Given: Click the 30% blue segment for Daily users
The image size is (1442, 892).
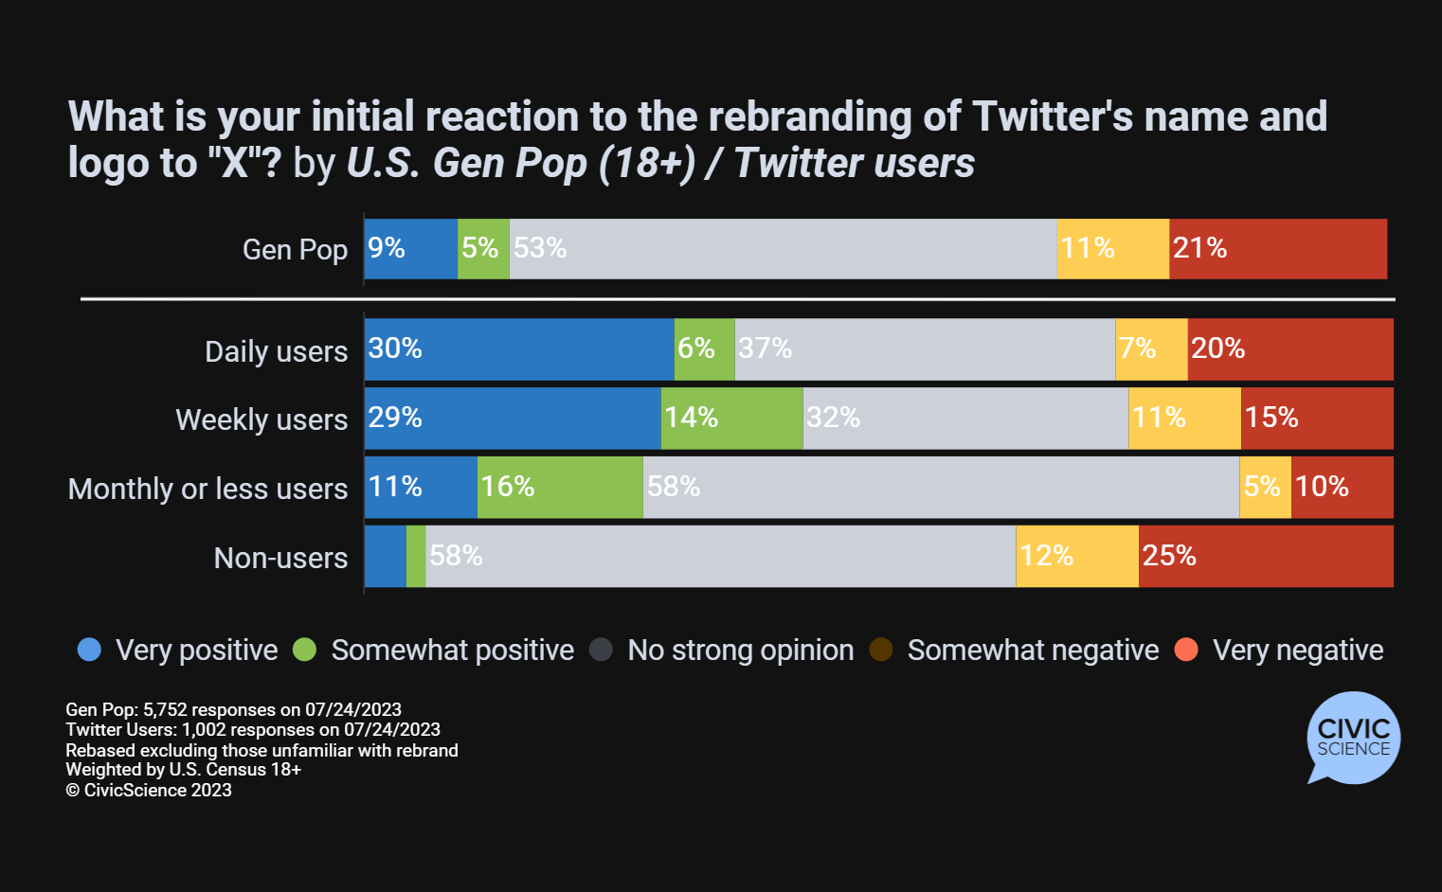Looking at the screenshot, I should click(x=519, y=349).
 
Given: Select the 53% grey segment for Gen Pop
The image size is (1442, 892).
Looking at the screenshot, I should click(x=783, y=249).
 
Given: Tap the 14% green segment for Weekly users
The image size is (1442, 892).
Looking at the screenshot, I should click(x=731, y=418).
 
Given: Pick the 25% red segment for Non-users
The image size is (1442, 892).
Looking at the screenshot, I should click(x=1266, y=556).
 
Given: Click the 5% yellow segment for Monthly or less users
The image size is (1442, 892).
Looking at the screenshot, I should click(x=1265, y=487).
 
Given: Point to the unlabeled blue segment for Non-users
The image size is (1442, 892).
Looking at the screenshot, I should click(x=385, y=556).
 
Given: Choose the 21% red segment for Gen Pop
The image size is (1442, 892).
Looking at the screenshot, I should click(x=1278, y=249).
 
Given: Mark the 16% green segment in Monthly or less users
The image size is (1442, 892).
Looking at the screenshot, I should click(x=560, y=487).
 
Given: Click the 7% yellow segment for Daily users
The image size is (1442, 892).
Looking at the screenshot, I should click(x=1151, y=349).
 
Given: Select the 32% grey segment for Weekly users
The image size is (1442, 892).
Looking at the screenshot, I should click(x=965, y=418).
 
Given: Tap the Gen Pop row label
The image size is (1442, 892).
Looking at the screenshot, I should click(x=295, y=250).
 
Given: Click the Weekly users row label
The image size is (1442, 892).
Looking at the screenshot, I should click(x=261, y=419).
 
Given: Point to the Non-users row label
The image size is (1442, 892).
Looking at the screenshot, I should click(x=280, y=558).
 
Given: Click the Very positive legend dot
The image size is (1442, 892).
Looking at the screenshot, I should click(x=89, y=650).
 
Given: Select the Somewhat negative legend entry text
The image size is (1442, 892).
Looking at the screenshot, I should click(x=1033, y=650).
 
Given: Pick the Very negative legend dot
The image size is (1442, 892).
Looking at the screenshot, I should click(x=1186, y=650).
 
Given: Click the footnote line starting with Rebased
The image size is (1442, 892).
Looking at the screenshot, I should click(x=261, y=750).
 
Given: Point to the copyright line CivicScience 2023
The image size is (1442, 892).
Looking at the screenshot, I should click(x=149, y=790).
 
